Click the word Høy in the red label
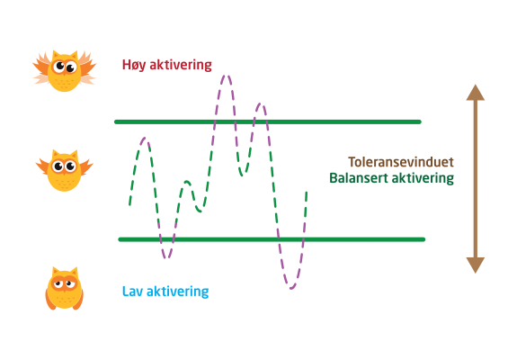coord(134,65)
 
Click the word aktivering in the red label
coord(181,65)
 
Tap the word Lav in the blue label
coord(132,291)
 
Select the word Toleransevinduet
coord(401,162)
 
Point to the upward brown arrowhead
coord(476,93)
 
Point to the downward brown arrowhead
coord(476,265)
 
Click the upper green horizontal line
coord(268,121)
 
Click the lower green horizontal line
coord(272,239)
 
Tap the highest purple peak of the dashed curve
coord(227,76)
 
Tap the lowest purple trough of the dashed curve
coord(291,288)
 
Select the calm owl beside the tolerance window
coord(64,170)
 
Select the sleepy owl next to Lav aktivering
coord(64,288)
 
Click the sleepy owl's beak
coord(64,289)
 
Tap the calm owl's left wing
coord(42,166)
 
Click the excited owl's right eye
coord(71,67)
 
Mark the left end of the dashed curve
coord(129,205)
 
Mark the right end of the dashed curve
coord(307,193)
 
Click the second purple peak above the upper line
coord(260,103)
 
